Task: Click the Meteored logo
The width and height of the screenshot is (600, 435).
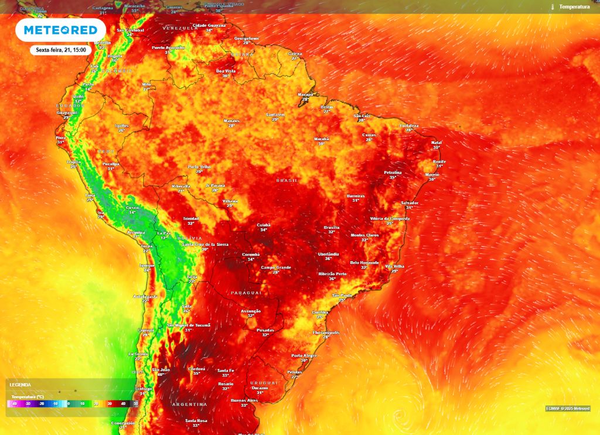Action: click(x=60, y=30)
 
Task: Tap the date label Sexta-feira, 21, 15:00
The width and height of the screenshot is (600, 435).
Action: click(x=61, y=50)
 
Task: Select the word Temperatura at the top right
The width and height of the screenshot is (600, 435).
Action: click(x=574, y=6)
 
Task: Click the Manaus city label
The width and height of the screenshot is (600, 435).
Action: click(x=231, y=121)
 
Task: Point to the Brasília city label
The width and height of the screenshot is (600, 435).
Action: click(x=332, y=227)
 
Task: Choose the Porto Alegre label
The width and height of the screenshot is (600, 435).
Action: click(x=304, y=355)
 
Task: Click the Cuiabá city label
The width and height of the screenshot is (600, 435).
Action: click(x=264, y=225)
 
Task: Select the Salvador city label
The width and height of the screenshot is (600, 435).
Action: click(x=410, y=203)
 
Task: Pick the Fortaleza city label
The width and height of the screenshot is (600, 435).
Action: click(x=410, y=125)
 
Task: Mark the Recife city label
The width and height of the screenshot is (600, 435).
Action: click(x=439, y=161)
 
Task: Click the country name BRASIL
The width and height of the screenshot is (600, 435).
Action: click(x=287, y=180)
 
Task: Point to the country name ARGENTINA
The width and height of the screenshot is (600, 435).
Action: click(x=189, y=405)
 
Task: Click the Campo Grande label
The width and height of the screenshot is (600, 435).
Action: click(x=276, y=268)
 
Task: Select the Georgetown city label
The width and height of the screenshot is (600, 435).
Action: click(x=247, y=39)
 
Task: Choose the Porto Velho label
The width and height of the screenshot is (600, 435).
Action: click(x=199, y=167)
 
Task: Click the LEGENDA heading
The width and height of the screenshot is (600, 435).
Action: click(x=20, y=385)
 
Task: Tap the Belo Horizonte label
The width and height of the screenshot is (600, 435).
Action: click(x=364, y=263)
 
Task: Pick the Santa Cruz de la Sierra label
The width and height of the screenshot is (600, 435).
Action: click(x=205, y=244)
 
